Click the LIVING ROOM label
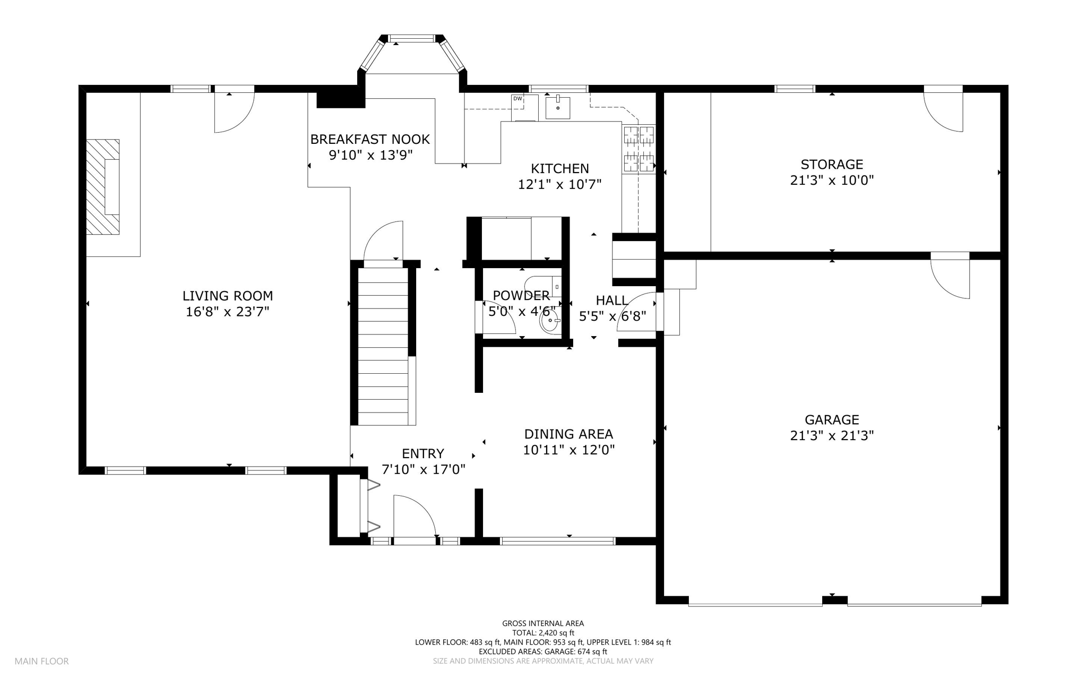(228, 296)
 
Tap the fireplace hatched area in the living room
(103, 186)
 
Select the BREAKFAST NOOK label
(370, 139)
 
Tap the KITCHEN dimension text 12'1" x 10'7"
(559, 185)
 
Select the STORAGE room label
(832, 165)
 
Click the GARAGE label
(832, 420)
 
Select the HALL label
(612, 300)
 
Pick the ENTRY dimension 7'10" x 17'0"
(424, 469)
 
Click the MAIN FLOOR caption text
(41, 661)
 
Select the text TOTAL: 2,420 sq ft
(543, 633)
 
